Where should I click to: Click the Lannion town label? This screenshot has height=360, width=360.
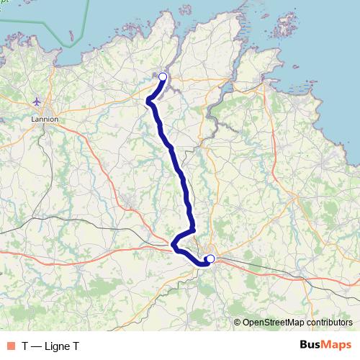(45, 120)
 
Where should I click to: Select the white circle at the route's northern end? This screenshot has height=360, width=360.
(163, 77)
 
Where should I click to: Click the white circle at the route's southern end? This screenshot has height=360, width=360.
(210, 258)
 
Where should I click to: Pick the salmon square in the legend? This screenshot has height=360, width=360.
(10, 346)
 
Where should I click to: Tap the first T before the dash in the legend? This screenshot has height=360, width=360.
(24, 346)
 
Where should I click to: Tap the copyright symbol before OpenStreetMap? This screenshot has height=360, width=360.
(238, 323)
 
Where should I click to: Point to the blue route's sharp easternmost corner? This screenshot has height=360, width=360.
(194, 230)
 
